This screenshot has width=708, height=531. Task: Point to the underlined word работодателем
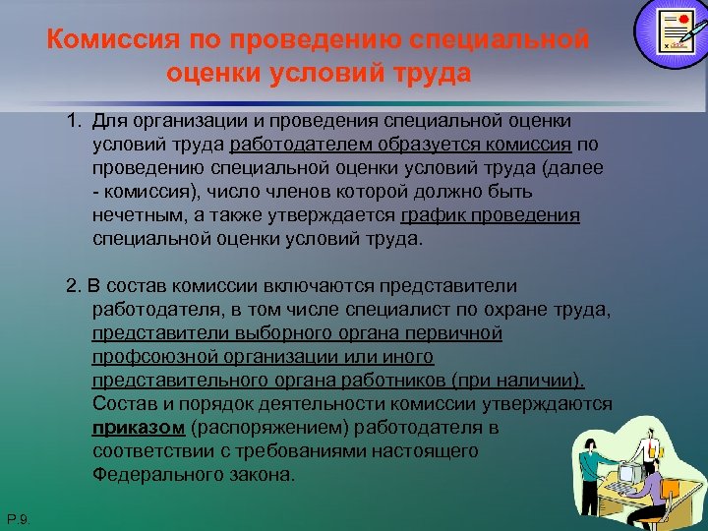pyautogui.click(x=283, y=145)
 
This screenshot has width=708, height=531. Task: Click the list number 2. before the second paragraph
pyautogui.click(x=74, y=286)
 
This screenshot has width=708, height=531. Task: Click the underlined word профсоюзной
pyautogui.click(x=143, y=357)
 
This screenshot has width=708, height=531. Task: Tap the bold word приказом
pyautogui.click(x=139, y=428)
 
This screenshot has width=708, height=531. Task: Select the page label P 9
pyautogui.click(x=19, y=518)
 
